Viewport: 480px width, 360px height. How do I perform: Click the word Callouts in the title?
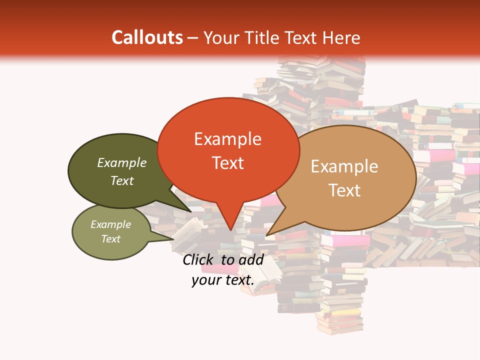(147, 37)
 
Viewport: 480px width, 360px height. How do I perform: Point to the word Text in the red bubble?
(228, 162)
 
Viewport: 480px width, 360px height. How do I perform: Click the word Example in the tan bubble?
(344, 166)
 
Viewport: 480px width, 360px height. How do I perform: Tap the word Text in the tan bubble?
(345, 190)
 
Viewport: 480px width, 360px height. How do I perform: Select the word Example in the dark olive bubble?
(122, 162)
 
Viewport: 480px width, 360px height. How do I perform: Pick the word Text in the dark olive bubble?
(122, 180)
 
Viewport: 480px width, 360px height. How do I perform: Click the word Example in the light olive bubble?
(110, 224)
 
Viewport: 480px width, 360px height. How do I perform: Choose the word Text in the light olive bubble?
(110, 239)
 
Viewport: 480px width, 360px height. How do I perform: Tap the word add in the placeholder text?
(251, 259)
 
